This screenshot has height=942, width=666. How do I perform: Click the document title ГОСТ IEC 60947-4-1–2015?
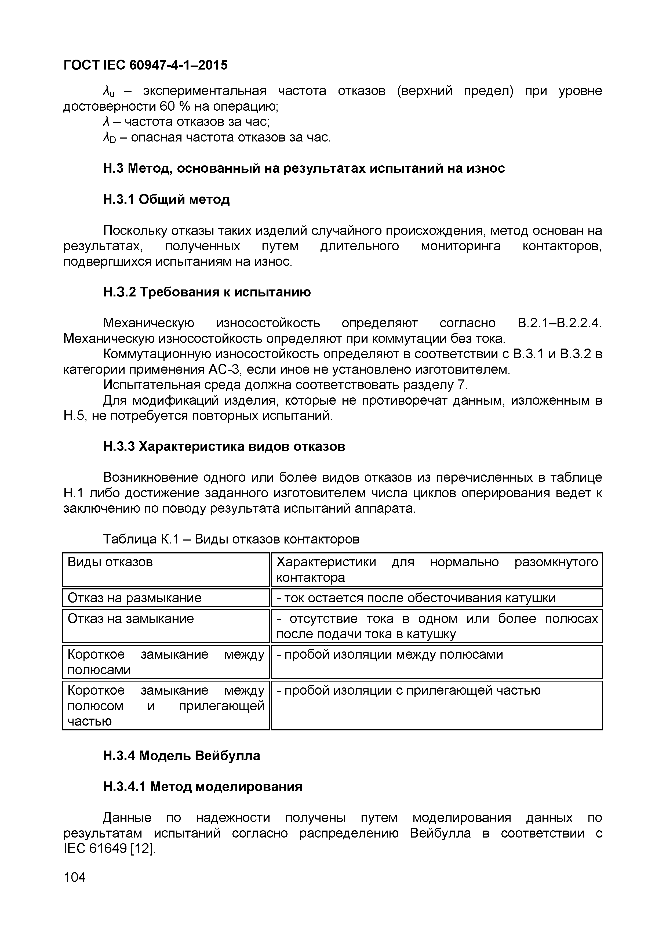(x=145, y=65)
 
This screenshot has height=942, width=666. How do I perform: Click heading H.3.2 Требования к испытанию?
(x=207, y=292)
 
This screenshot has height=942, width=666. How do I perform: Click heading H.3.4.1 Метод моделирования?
(x=203, y=787)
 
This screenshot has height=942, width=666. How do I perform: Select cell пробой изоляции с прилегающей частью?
(x=409, y=690)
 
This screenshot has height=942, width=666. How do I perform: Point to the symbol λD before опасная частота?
(x=109, y=137)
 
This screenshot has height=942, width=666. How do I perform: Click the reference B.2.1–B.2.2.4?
(x=559, y=323)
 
